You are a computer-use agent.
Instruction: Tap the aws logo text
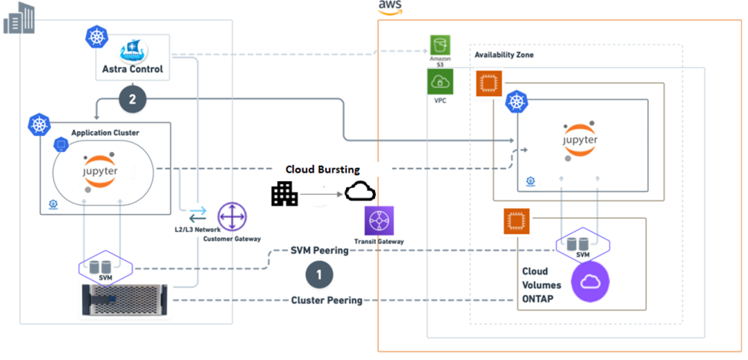click(390, 7)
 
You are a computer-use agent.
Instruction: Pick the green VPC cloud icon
click(440, 81)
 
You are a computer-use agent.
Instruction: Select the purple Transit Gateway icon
click(380, 220)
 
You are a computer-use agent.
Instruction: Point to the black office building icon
click(285, 193)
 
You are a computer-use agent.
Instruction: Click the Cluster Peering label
click(326, 300)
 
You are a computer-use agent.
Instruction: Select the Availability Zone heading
click(504, 55)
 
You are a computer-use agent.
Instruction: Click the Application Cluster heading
click(105, 133)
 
